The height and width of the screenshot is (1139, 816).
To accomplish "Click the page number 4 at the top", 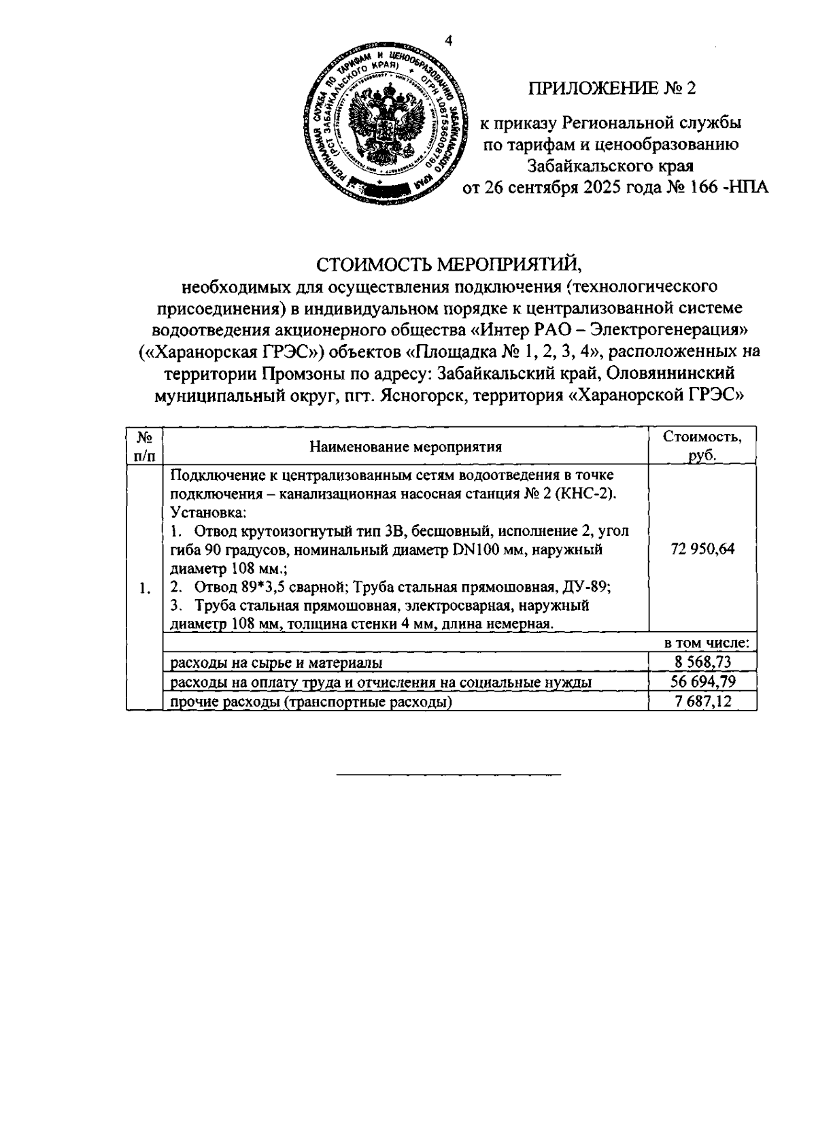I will pyautogui.click(x=447, y=41).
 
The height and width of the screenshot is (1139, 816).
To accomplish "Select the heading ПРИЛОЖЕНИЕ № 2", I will pyautogui.click(x=614, y=88).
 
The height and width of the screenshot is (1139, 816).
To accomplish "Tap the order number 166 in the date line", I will pyautogui.click(x=704, y=188).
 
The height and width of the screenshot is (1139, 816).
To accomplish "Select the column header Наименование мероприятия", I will pyautogui.click(x=405, y=447).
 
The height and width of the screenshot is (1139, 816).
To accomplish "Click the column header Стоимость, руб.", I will pyautogui.click(x=702, y=446).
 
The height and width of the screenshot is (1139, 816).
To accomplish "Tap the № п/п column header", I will pyautogui.click(x=145, y=446).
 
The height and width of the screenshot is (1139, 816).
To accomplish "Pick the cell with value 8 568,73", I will pyautogui.click(x=702, y=662).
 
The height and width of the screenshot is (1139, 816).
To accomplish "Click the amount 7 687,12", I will pyautogui.click(x=702, y=701).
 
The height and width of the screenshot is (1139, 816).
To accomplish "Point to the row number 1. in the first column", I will pyautogui.click(x=144, y=589).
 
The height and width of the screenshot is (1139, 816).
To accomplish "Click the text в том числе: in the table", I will pyautogui.click(x=707, y=643).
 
